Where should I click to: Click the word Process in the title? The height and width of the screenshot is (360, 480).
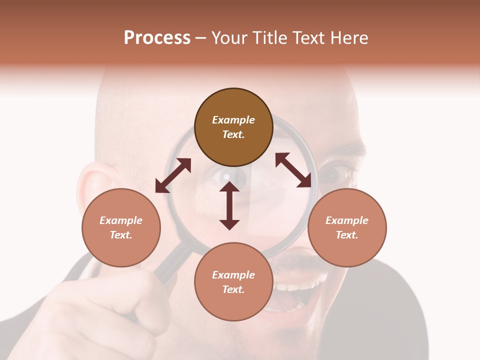click(157, 38)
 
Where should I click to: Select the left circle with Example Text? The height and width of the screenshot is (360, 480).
click(121, 227)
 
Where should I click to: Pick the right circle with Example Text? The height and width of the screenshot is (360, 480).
click(347, 227)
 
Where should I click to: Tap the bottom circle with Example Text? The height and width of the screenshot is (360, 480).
click(233, 282)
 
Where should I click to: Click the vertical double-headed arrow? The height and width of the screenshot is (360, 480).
click(229, 205)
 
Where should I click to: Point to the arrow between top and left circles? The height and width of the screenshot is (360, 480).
click(173, 175)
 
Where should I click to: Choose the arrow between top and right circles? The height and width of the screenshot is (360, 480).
click(293, 170)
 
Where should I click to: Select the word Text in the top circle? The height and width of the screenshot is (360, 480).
click(233, 134)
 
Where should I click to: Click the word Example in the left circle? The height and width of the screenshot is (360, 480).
click(121, 220)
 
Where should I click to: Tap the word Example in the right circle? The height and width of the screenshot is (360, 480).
click(347, 220)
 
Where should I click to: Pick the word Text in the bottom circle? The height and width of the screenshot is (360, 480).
click(233, 289)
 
